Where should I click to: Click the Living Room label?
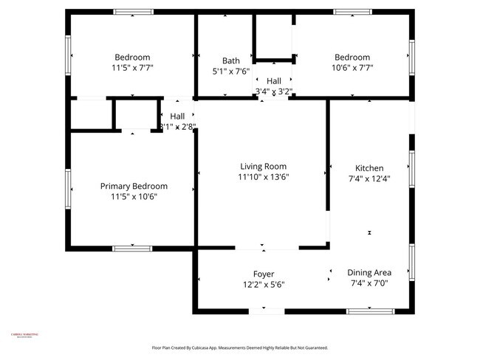click(262, 167)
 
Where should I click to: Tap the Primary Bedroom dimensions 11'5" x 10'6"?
click(134, 197)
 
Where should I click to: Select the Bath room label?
click(231, 60)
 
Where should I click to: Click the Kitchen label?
click(369, 168)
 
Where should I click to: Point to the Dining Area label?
click(369, 272)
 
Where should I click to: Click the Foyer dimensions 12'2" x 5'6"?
click(264, 284)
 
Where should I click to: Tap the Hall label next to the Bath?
click(274, 81)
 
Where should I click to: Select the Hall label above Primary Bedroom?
click(177, 117)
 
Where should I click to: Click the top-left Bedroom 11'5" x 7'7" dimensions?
click(132, 68)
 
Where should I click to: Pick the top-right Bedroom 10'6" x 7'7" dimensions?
click(352, 68)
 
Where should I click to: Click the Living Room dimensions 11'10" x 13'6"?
click(262, 177)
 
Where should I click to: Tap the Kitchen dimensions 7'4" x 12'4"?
click(369, 179)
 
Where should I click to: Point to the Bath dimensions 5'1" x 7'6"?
click(231, 72)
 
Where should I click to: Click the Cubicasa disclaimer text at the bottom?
click(240, 347)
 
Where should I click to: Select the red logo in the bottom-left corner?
click(24, 335)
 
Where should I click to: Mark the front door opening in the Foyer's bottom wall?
click(266, 311)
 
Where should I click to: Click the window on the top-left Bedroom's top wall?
click(133, 12)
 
